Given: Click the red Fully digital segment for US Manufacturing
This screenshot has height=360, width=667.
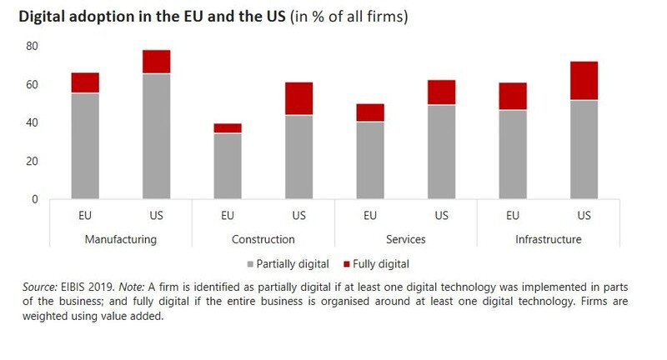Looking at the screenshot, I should tap(156, 62).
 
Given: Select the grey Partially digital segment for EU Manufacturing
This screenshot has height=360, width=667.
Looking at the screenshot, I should tap(84, 146).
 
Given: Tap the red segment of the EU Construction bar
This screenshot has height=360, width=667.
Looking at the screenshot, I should tap(228, 128).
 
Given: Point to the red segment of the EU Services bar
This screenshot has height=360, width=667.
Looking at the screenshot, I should tap(370, 112).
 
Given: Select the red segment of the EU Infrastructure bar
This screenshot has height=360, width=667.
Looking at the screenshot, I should tap(513, 97).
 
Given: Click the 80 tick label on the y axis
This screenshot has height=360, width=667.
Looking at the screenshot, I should tap(33, 46).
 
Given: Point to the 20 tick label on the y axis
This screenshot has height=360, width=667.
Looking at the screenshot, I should tap(33, 161).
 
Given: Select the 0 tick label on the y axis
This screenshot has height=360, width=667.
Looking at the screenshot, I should tap(36, 199).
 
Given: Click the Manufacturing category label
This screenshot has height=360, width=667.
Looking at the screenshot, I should tap(120, 240).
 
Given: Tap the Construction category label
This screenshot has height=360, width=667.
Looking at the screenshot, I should tap(263, 240).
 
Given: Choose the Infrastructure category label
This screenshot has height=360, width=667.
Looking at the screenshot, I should tap(549, 240).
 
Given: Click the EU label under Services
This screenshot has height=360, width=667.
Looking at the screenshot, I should tap(370, 216).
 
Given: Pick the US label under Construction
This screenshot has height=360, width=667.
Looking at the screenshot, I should tap(299, 216).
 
